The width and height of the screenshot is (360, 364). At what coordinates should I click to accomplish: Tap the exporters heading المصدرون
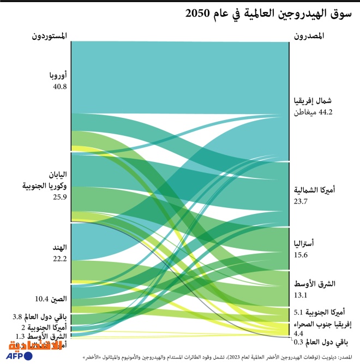pos(309,37)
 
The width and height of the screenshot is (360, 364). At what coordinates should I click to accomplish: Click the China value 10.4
pos(43,299)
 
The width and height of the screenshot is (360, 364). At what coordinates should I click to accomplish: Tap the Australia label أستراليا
pos(308,244)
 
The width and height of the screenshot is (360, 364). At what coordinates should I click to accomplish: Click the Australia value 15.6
pos(302,255)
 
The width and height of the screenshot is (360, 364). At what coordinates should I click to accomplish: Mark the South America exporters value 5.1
pos(298,313)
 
